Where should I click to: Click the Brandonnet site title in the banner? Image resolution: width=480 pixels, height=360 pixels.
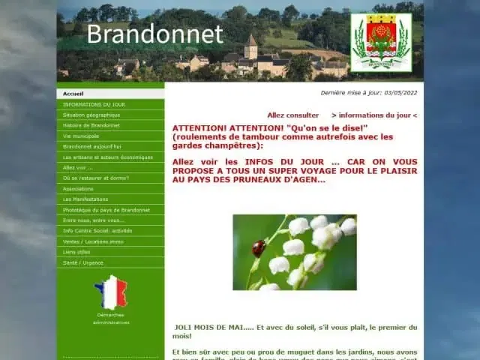154,34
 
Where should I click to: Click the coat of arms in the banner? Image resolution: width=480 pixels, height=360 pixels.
381,42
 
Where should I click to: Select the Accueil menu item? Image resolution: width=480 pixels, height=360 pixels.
73,94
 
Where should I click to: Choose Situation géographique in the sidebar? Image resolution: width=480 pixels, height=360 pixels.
91,115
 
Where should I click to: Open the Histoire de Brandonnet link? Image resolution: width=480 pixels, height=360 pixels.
91,125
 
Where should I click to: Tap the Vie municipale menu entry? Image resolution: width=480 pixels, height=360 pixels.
81,136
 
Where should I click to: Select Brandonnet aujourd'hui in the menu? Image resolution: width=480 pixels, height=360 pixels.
92,146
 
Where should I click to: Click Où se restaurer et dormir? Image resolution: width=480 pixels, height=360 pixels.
96,178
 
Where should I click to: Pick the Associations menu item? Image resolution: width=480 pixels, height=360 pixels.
79,188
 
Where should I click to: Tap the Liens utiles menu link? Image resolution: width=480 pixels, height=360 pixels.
76,252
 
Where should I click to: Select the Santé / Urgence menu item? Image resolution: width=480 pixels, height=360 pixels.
82,262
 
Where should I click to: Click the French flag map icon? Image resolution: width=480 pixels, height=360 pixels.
111,292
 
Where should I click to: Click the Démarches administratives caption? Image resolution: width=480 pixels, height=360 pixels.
111,318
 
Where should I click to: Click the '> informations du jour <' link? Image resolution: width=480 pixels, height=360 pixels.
373,115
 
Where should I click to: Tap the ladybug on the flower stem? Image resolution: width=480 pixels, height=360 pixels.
259,247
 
